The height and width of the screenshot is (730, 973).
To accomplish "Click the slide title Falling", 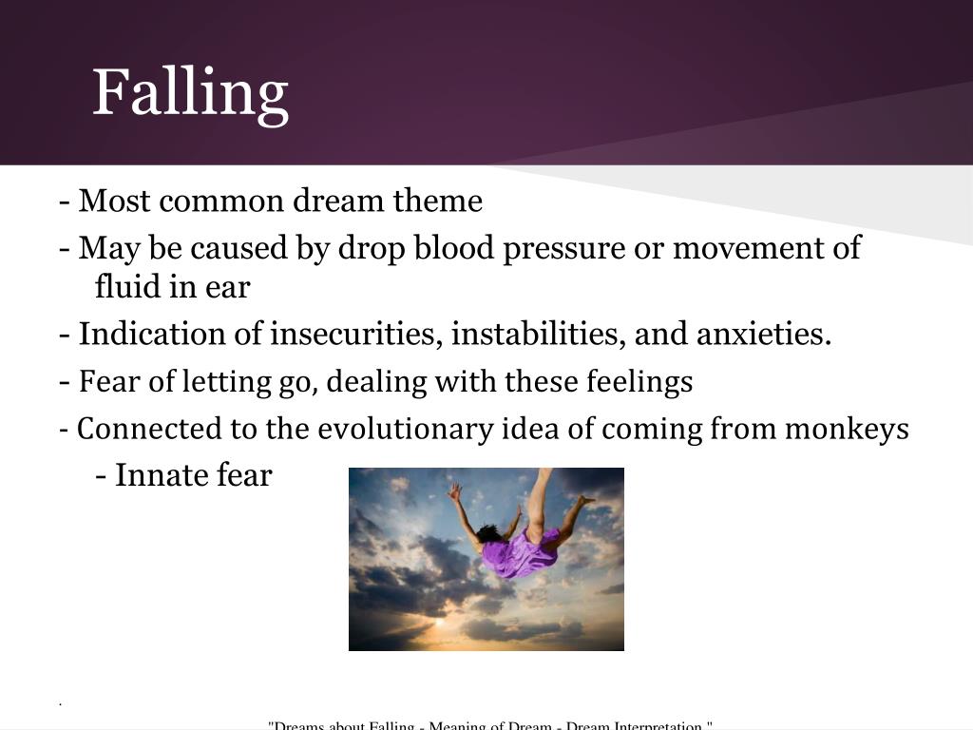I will (x=190, y=92).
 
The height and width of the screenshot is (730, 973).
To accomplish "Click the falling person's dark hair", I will (x=489, y=534).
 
